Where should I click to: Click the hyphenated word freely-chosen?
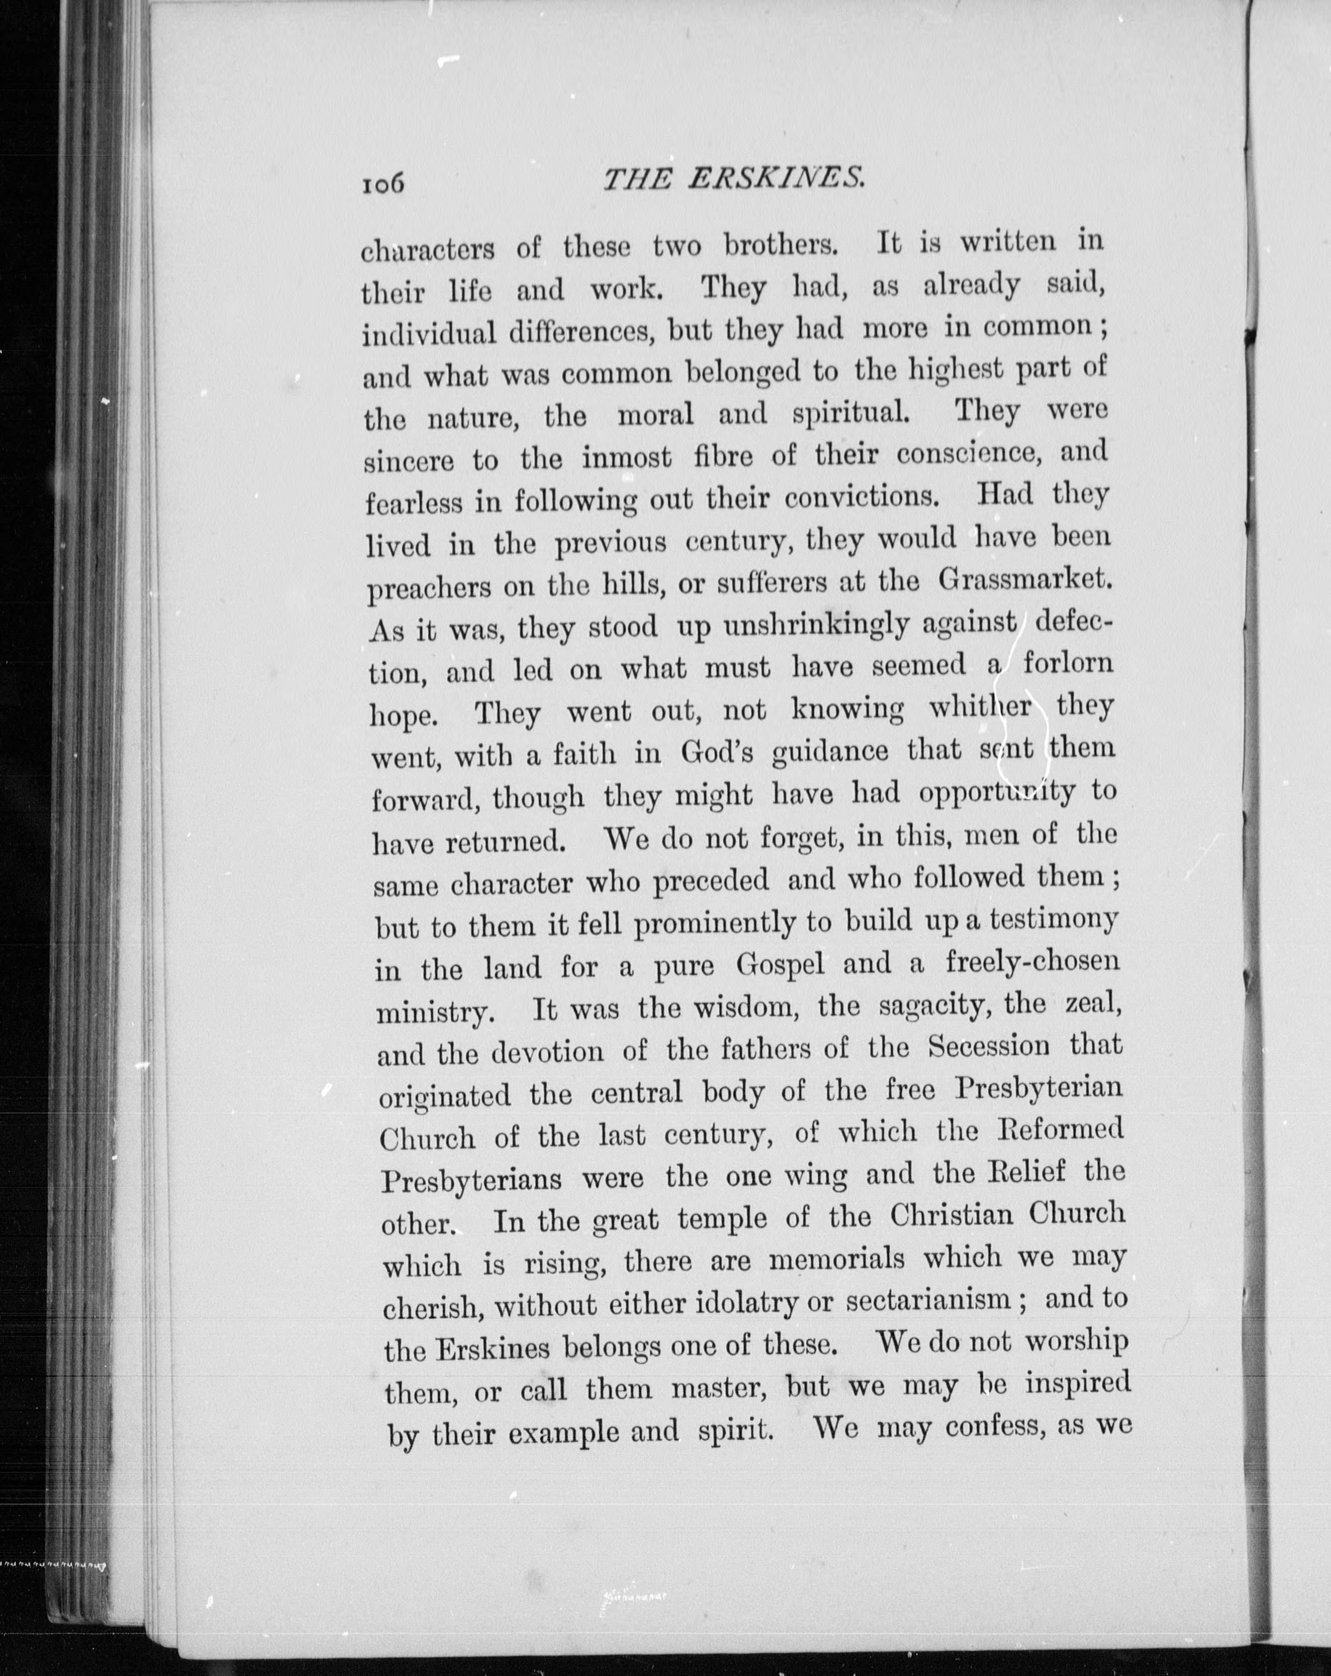1033,963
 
